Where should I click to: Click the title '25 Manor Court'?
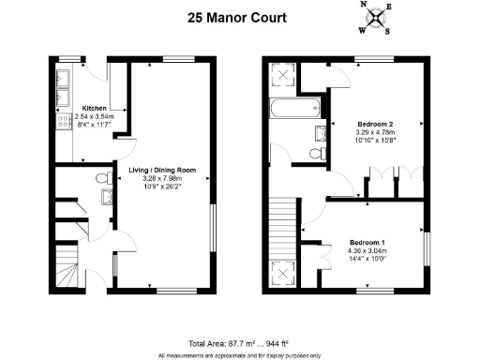click(240, 16)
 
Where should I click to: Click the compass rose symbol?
click(375, 18)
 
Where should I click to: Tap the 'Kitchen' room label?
click(94, 107)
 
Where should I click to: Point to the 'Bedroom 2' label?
click(374, 124)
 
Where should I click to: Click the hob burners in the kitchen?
click(66, 121)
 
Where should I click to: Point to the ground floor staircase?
click(68, 272)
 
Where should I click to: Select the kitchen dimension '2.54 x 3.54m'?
click(94, 115)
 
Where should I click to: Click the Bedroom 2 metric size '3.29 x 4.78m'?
click(374, 132)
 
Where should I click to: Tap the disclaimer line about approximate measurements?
click(240, 355)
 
